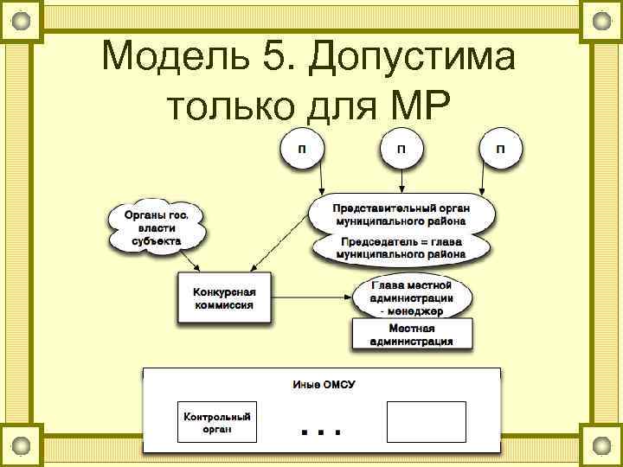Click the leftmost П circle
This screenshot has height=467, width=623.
click(x=302, y=149)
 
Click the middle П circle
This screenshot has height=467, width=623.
click(x=401, y=149)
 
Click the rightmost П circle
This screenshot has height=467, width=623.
click(x=500, y=149)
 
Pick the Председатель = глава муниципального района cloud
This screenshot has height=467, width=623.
click(x=401, y=248)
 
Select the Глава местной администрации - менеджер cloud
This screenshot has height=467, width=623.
click(x=412, y=297)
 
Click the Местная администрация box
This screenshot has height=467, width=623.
click(x=412, y=334)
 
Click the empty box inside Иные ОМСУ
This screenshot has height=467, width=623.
click(x=425, y=422)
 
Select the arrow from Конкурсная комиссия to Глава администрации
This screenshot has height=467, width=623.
click(x=311, y=297)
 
